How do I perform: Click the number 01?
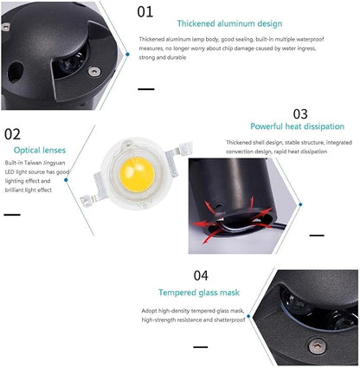(145, 12)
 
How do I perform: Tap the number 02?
(12, 134)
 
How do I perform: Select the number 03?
(300, 114)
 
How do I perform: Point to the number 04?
(201, 275)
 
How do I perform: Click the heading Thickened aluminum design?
(229, 23)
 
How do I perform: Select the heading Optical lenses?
(40, 150)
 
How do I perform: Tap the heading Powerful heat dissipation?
(297, 126)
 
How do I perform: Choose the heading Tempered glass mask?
(199, 293)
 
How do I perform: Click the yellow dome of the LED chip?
(137, 174)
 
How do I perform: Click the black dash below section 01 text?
(146, 89)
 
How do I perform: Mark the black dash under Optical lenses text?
(12, 215)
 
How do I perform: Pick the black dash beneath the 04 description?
(201, 347)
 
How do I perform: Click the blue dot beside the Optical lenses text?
(66, 180)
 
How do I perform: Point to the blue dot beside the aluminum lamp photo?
(127, 54)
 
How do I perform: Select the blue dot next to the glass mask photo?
(248, 316)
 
